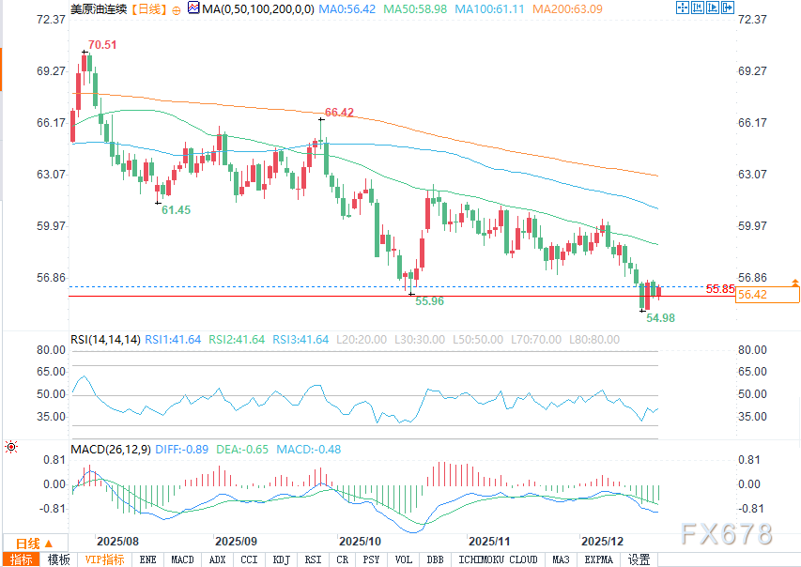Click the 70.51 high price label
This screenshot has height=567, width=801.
click(102, 44)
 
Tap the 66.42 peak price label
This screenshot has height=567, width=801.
click(339, 113)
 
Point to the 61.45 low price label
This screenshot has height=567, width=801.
click(176, 210)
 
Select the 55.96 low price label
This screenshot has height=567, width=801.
click(429, 301)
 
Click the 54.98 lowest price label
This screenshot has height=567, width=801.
click(661, 318)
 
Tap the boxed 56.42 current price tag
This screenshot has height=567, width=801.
click(753, 295)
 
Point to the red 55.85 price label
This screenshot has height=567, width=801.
click(719, 289)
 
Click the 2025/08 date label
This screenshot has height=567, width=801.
click(118, 542)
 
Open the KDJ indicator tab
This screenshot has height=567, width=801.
click(281, 559)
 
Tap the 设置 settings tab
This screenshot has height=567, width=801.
click(639, 559)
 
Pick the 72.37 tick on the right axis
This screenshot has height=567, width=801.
click(755, 20)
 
